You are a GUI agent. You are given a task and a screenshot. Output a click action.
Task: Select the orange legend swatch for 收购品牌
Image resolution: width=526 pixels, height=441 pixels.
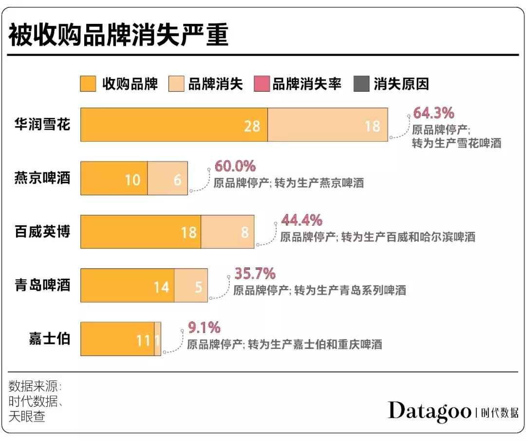pos(88,84)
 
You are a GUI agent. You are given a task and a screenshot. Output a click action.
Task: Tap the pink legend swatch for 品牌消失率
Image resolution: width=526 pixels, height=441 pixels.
pos(262,84)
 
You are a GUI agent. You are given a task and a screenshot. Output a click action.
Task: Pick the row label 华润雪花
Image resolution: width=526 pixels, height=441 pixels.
pos(43,124)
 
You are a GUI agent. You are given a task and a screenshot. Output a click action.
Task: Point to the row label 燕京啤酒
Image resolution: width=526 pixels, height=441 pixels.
pos(43,178)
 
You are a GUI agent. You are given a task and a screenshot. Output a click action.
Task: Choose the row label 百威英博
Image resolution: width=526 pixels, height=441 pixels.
pos(43,231)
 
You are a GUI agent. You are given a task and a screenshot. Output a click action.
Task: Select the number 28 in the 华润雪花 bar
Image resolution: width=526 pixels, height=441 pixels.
pos(252,126)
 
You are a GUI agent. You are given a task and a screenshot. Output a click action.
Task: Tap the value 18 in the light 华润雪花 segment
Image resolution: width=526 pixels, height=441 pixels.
pos(372,126)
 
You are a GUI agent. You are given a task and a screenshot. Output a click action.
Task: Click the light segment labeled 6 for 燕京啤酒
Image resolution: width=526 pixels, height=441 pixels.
pos(168,179)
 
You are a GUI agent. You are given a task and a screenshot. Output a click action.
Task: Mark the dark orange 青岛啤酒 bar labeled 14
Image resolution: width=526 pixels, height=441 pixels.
pos(128,286)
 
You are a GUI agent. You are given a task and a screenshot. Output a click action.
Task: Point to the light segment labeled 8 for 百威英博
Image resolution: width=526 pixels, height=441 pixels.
pos(228,232)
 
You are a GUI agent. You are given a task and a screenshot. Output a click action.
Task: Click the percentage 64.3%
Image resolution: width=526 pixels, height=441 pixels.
pos(433,113)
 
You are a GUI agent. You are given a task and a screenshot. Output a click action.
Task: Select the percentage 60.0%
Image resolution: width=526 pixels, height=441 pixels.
pos(235,166)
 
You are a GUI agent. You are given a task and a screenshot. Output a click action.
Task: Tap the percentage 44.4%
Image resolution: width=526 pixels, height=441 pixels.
pos(301,220)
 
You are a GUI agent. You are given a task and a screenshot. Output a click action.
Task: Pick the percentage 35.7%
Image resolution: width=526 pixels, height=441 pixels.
pos(255,273)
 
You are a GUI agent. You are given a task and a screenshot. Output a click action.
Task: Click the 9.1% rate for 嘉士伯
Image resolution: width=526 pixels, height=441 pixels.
pos(204,327)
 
